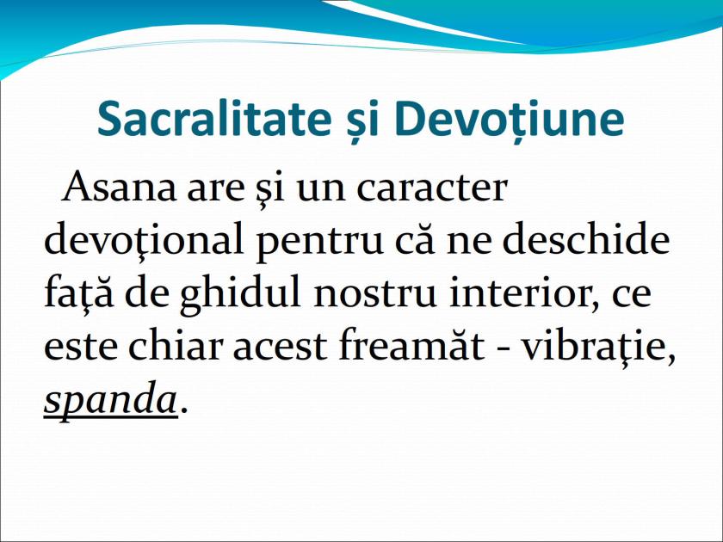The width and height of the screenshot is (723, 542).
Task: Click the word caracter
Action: [432, 187]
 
